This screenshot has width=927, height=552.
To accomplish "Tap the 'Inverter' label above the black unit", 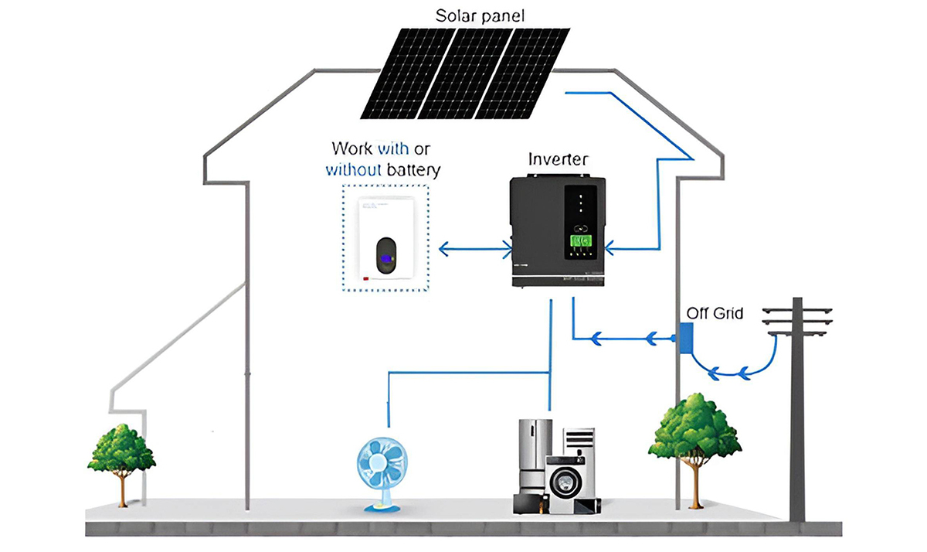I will pos(558,160).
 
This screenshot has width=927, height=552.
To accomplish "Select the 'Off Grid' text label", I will pos(715,314).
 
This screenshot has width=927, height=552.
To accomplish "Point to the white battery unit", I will pos(394,239).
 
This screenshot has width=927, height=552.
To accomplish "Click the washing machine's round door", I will pos(565,481).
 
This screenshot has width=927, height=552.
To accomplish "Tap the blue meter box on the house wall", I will pos(685,339).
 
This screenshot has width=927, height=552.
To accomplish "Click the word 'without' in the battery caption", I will pos(354,170).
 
